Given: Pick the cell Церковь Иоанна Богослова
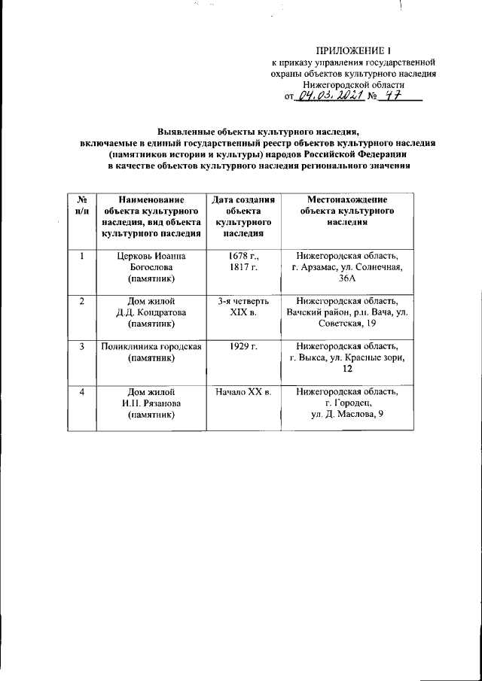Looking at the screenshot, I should (151, 267).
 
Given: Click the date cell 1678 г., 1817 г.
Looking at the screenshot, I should (243, 261).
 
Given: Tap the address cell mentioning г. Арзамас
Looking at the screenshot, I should (347, 267).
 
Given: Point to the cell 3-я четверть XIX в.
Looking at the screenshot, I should (243, 307).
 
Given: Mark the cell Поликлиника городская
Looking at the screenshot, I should (151, 352).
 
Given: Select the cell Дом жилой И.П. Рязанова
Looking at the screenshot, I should (151, 404).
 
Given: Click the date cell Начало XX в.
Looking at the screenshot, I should (243, 393).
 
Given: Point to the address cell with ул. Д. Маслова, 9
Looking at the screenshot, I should (347, 404).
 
